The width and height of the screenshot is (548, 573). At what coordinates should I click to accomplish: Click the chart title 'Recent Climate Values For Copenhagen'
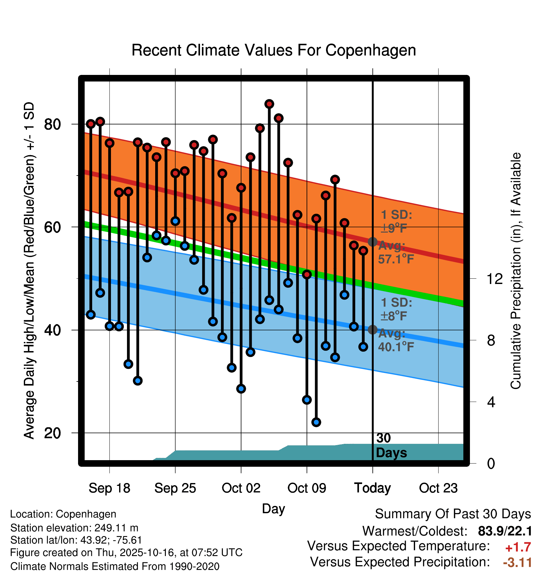coord(274,50)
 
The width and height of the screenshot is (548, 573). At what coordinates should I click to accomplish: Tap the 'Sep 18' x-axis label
coord(109,488)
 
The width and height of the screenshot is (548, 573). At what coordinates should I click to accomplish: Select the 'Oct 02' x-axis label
coord(241,488)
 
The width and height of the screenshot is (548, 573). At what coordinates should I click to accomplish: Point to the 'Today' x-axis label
coord(372,488)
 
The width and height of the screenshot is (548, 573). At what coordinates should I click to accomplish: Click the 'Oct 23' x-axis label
coord(438,488)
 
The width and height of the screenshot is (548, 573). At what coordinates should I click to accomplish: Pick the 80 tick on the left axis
coord(52,124)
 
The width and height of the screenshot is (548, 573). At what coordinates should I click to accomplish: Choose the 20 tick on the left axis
coord(52,433)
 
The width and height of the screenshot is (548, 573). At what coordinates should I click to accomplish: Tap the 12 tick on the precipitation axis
coord(494,279)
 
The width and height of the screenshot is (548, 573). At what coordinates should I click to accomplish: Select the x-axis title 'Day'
coord(273,508)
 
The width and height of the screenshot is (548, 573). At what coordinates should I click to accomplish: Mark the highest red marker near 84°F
coord(269,104)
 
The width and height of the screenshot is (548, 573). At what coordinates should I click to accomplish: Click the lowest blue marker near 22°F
coord(316,422)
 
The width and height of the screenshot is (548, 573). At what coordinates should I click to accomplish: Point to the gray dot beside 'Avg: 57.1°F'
coord(372,242)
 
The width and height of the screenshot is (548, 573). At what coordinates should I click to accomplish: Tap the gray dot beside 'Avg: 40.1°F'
coord(372,330)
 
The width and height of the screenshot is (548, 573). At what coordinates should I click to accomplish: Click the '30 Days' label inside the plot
coord(391,445)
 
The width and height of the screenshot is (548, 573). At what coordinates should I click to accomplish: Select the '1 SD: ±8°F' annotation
coord(396,309)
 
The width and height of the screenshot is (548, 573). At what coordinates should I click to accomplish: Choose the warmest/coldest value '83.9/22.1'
coord(505,531)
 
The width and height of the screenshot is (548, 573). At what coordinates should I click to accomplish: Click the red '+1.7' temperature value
coord(518,547)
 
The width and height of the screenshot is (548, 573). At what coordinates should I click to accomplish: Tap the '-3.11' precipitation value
coord(517,562)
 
